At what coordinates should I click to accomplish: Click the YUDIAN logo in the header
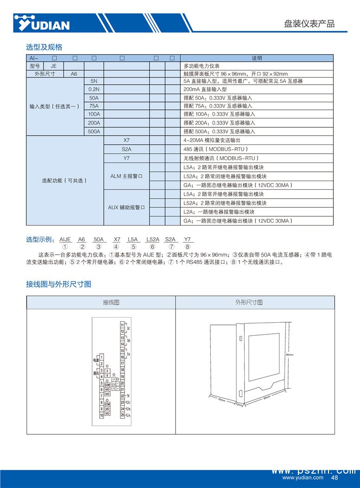[42, 23]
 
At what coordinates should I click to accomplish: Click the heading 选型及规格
[44, 47]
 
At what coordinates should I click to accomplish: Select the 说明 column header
[257, 58]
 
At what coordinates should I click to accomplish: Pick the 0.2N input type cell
[94, 89]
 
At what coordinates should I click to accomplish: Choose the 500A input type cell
[94, 131]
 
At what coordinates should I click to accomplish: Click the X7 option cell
[126, 140]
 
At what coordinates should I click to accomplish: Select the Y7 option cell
[126, 158]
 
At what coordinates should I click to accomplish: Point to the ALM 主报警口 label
[126, 176]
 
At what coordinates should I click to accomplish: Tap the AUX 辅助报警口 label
[126, 207]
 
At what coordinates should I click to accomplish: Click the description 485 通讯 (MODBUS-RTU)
[216, 149]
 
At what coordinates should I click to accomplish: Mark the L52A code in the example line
[152, 239]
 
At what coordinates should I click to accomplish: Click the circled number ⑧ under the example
[187, 247]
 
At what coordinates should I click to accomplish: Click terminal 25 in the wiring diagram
[122, 415]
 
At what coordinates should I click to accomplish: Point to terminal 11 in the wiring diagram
[122, 325]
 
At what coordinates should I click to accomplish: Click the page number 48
[335, 478]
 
